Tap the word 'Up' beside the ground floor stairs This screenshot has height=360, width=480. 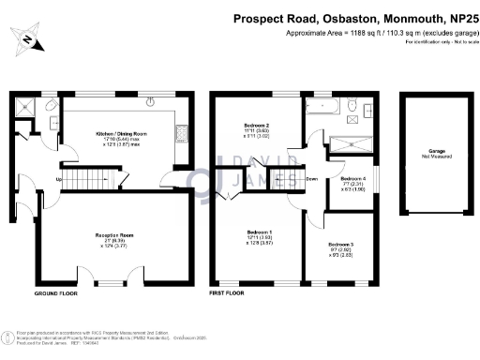(60, 179)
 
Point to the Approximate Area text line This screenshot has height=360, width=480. (379, 33)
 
